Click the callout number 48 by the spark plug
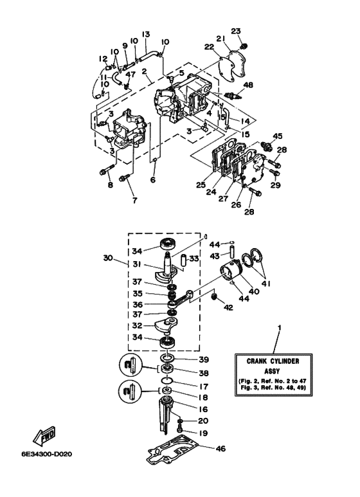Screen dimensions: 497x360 click(249, 84)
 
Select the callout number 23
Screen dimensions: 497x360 click(235, 30)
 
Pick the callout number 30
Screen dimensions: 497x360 click(107, 258)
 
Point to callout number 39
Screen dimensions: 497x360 click(204, 359)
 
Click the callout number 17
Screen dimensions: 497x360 click(204, 387)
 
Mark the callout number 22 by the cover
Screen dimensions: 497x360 click(208, 46)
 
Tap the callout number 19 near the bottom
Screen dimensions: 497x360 click(204, 433)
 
